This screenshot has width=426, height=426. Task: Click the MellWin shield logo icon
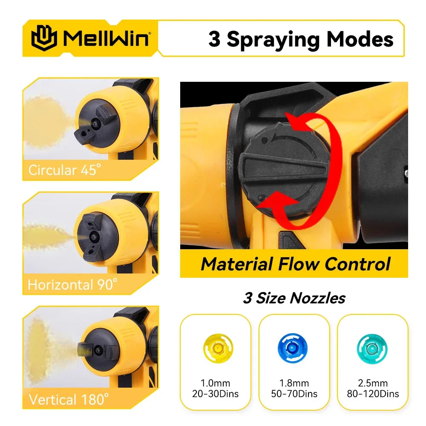click(x=43, y=38)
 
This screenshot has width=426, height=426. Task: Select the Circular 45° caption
click(x=65, y=170)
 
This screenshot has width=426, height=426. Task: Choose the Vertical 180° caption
click(x=69, y=399)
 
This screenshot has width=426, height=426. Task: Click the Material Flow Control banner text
click(x=295, y=264)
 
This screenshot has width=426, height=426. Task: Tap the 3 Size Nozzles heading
click(x=294, y=298)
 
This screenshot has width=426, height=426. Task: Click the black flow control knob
click(x=281, y=170)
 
